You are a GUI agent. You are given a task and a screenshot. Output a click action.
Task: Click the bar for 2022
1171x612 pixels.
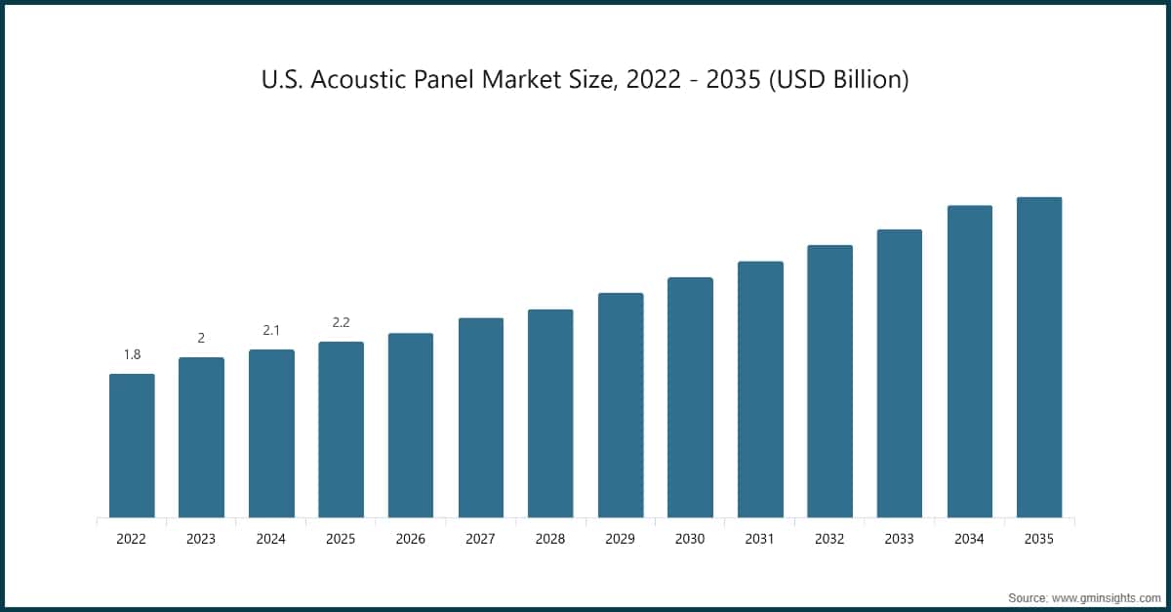[x=132, y=445]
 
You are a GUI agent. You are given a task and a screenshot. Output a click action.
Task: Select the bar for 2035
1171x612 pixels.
[x=1039, y=357]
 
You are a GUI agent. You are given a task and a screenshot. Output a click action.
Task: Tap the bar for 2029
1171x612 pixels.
[x=621, y=405]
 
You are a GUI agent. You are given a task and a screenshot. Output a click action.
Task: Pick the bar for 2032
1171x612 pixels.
[x=829, y=381]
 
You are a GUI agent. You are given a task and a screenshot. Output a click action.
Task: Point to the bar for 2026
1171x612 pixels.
[x=411, y=425]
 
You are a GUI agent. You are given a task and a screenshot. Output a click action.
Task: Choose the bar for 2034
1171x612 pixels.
[x=969, y=361]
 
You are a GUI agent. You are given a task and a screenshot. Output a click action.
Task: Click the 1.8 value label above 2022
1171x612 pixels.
[x=132, y=354]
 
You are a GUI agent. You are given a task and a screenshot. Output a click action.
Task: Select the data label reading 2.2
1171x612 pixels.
[x=341, y=322]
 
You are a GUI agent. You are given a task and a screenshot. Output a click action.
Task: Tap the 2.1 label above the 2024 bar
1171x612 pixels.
[x=271, y=331]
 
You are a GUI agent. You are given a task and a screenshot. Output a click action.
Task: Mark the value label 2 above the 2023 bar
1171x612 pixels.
[x=201, y=338]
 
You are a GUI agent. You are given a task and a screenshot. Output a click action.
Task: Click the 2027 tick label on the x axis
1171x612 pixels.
[x=480, y=539]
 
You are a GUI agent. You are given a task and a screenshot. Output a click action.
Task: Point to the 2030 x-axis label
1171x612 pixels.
[x=690, y=539]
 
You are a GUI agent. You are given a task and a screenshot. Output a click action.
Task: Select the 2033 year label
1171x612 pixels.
[x=899, y=539]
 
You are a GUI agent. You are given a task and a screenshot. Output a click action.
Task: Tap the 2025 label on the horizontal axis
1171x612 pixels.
[x=341, y=539]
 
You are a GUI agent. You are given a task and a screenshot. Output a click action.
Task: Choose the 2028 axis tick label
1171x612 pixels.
[x=550, y=539]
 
